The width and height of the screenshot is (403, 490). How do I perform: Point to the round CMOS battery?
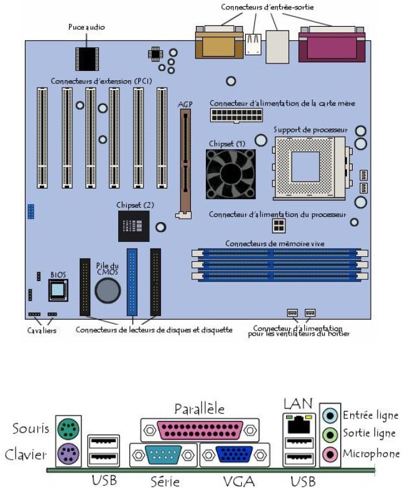click(x=107, y=290)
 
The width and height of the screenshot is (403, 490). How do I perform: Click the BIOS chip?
click(x=58, y=290)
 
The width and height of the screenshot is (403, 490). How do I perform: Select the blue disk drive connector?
click(x=132, y=282)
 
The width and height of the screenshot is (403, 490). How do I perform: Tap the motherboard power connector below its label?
click(x=236, y=116)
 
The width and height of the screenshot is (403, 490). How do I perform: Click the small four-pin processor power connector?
click(x=278, y=224)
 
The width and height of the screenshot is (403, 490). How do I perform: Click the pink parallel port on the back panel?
click(x=199, y=429)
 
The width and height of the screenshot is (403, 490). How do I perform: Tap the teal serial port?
click(x=163, y=456)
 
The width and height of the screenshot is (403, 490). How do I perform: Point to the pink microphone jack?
click(x=331, y=455)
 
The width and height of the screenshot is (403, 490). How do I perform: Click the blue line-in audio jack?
click(x=331, y=415)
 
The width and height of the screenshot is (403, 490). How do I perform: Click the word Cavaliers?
click(x=42, y=331)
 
